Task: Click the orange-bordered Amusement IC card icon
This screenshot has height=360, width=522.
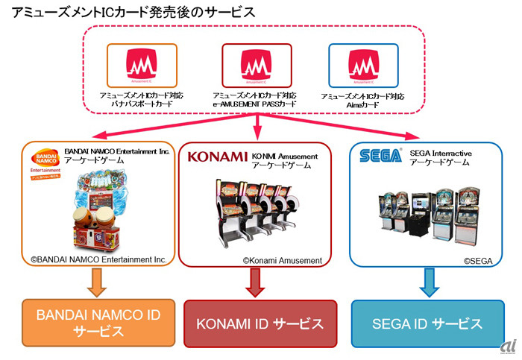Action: tap(142, 66)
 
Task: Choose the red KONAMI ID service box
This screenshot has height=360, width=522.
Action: tap(259, 324)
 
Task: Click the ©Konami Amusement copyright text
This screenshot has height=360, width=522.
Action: tap(282, 260)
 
